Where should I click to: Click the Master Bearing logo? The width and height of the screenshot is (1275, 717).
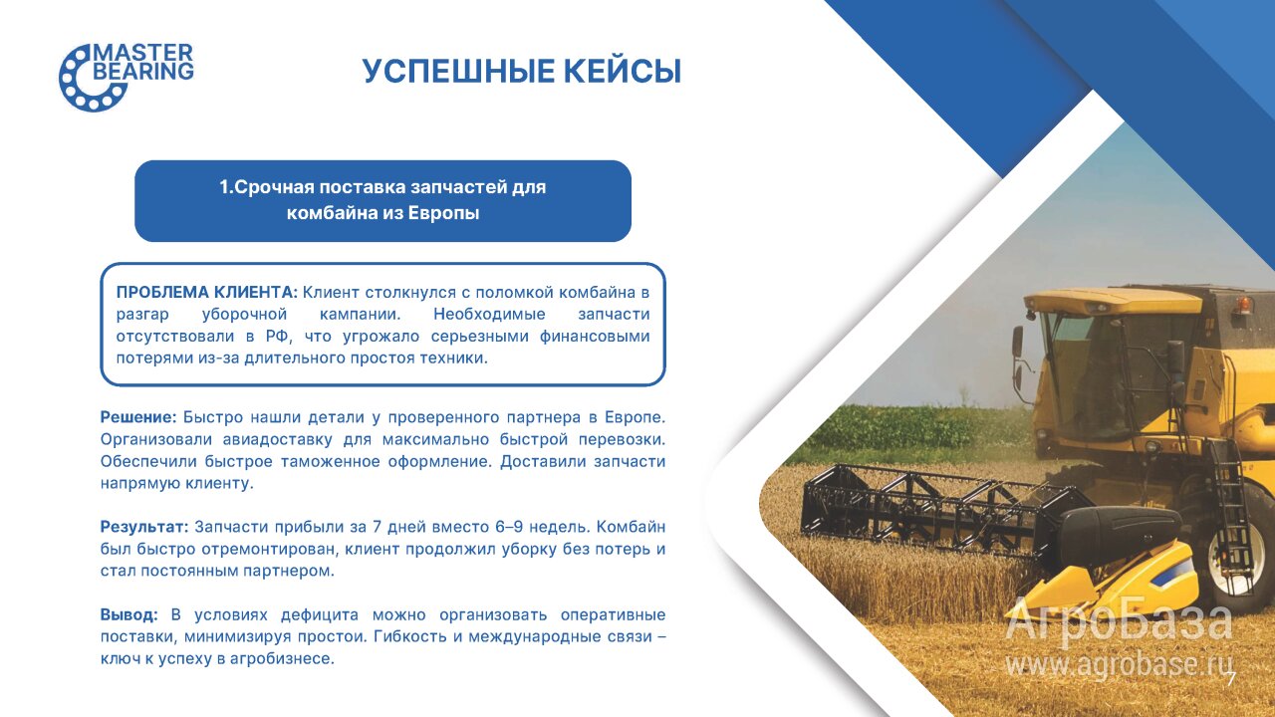tap(127, 77)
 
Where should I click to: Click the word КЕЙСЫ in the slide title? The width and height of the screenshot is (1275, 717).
tap(623, 72)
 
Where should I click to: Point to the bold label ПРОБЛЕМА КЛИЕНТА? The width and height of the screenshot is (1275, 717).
tap(206, 293)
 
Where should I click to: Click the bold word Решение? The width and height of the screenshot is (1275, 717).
tap(138, 417)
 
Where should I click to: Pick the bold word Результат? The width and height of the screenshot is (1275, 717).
tap(144, 527)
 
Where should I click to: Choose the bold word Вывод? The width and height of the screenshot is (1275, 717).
tap(129, 614)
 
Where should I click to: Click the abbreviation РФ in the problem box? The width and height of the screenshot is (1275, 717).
tap(278, 337)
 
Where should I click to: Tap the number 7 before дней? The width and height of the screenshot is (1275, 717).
tap(377, 527)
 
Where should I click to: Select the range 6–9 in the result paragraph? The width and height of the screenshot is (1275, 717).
tap(509, 527)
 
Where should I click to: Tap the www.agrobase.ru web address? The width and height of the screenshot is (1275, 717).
tap(1119, 663)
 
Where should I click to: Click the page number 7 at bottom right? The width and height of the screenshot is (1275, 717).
tap(1231, 679)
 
